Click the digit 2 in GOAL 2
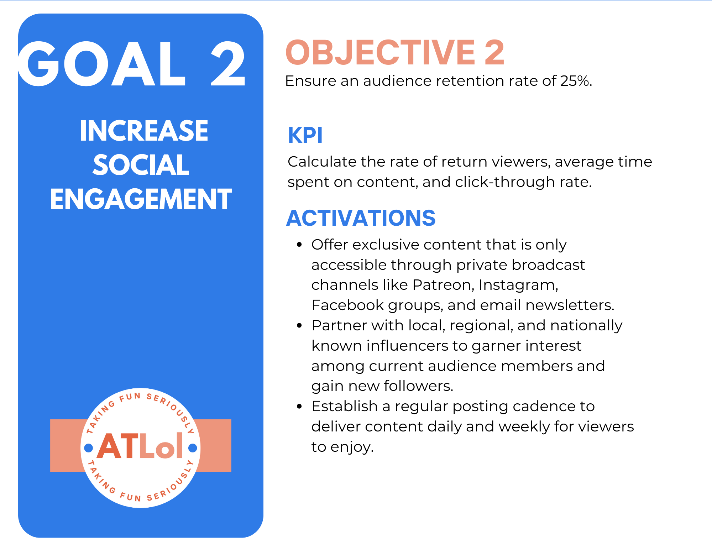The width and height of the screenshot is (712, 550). click(228, 64)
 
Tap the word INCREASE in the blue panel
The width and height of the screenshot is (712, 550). click(144, 131)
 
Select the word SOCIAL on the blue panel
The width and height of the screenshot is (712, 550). click(141, 165)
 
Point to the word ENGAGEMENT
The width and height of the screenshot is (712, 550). click(141, 199)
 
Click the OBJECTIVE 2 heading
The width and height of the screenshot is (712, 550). click(395, 53)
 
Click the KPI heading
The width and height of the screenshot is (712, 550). click(305, 135)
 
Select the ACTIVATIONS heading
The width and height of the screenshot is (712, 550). click(361, 218)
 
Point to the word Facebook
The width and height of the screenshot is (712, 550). click(348, 305)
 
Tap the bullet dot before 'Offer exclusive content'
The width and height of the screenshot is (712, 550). click(299, 245)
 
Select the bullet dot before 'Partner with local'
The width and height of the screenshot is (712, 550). click(299, 325)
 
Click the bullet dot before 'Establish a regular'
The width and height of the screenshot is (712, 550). click(299, 406)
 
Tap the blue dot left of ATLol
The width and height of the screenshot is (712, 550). click(88, 448)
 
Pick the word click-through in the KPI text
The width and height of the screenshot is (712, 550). click(505, 182)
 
